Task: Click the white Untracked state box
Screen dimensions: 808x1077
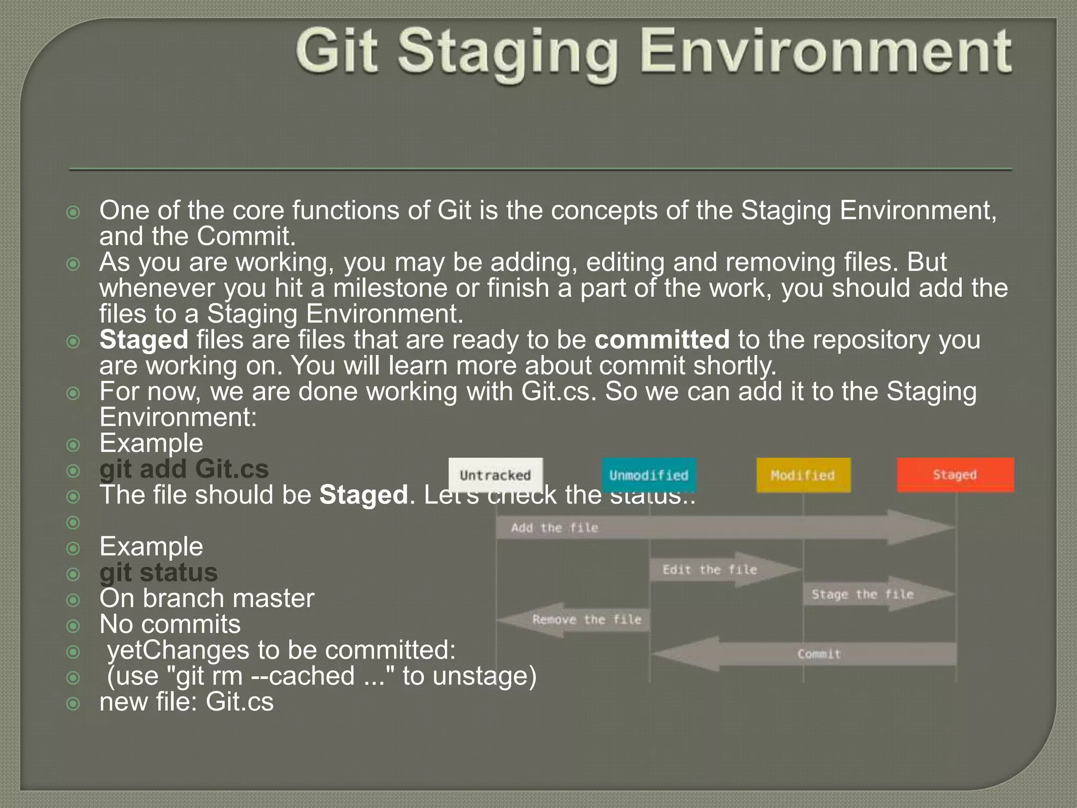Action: click(x=495, y=475)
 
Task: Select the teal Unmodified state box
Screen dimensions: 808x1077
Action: click(x=649, y=475)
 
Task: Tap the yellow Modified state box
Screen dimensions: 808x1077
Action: click(x=803, y=475)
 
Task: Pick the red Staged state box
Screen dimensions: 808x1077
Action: click(x=955, y=474)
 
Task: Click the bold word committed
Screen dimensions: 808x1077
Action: click(x=662, y=340)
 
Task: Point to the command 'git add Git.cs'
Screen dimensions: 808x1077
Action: click(x=184, y=469)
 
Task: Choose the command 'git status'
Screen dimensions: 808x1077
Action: click(x=158, y=573)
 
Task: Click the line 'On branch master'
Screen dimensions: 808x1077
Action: click(x=207, y=599)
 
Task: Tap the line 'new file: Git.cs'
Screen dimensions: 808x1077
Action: click(x=187, y=702)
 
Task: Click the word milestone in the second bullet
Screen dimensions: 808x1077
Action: click(x=390, y=288)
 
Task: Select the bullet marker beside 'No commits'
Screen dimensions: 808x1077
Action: click(x=74, y=626)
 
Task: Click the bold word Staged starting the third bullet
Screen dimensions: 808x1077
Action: click(x=144, y=340)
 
